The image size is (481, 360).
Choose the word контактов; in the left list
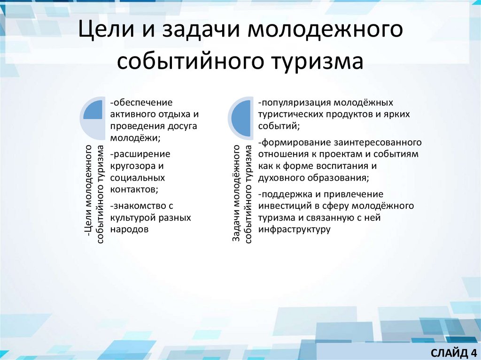[x=134, y=189]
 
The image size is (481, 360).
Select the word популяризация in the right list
[x=290, y=102]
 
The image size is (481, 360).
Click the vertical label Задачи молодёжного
[x=237, y=194]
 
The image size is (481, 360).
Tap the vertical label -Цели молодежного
[x=88, y=194]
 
